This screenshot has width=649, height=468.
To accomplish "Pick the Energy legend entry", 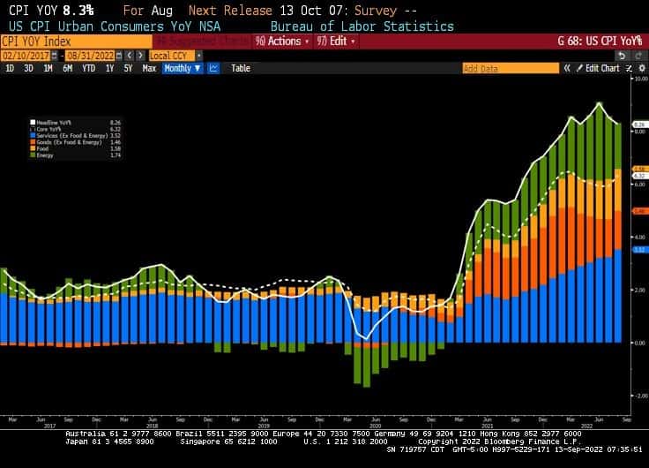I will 43,155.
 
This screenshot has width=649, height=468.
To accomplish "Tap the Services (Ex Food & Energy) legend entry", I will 63,135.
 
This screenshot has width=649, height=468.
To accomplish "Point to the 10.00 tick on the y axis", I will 641,79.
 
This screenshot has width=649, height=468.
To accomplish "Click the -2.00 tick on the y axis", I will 641,396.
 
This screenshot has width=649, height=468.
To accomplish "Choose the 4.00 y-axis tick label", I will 641,238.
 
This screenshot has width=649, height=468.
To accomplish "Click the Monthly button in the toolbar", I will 182,68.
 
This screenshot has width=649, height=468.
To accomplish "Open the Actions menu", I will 282,42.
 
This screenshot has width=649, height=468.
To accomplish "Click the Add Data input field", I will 510,68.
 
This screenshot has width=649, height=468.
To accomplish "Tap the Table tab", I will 241,68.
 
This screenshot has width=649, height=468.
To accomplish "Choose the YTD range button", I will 89,68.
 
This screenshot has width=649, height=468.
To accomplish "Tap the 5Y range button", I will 128,68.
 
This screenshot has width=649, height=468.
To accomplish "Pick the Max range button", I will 149,68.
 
